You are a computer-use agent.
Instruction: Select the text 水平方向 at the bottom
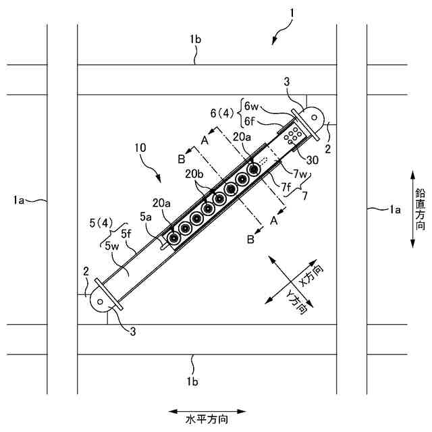[207, 418]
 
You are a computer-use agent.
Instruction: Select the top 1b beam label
[195, 39]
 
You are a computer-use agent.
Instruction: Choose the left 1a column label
[22, 200]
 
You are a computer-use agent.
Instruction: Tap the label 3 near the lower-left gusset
[132, 331]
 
